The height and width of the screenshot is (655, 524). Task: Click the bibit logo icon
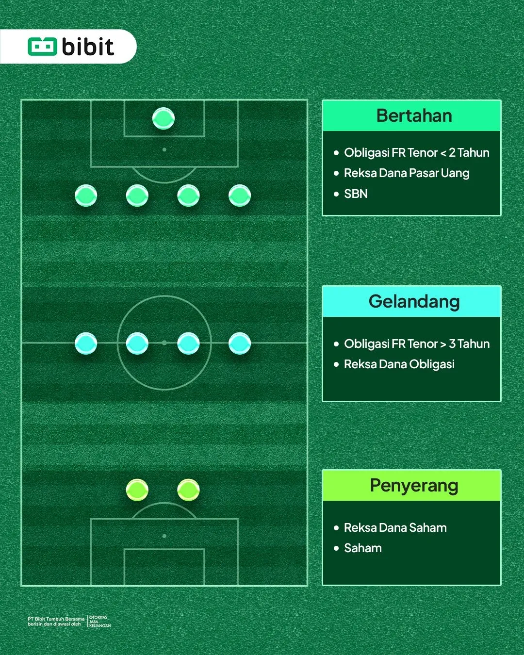[42, 47]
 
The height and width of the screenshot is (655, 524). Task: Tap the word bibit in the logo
[88, 47]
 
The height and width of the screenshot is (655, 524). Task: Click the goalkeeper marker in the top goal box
[164, 118]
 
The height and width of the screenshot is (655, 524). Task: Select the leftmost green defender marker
[86, 196]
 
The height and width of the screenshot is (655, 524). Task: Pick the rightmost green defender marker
[240, 196]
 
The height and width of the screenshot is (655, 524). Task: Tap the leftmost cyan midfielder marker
[86, 344]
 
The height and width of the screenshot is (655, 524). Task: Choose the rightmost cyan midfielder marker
[240, 344]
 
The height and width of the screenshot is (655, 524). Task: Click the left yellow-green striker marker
[137, 490]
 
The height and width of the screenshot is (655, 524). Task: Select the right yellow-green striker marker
[188, 490]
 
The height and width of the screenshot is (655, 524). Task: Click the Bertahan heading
[414, 115]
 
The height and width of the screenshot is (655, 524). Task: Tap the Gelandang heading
[414, 302]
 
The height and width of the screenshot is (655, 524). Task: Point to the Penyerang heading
[414, 486]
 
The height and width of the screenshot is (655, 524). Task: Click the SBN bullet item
[356, 194]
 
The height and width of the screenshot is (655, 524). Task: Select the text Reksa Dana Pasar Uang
[407, 173]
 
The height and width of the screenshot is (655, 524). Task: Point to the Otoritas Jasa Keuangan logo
[99, 621]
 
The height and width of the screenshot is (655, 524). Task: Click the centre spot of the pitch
[164, 343]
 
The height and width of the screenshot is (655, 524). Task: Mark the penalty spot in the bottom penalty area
[164, 536]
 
